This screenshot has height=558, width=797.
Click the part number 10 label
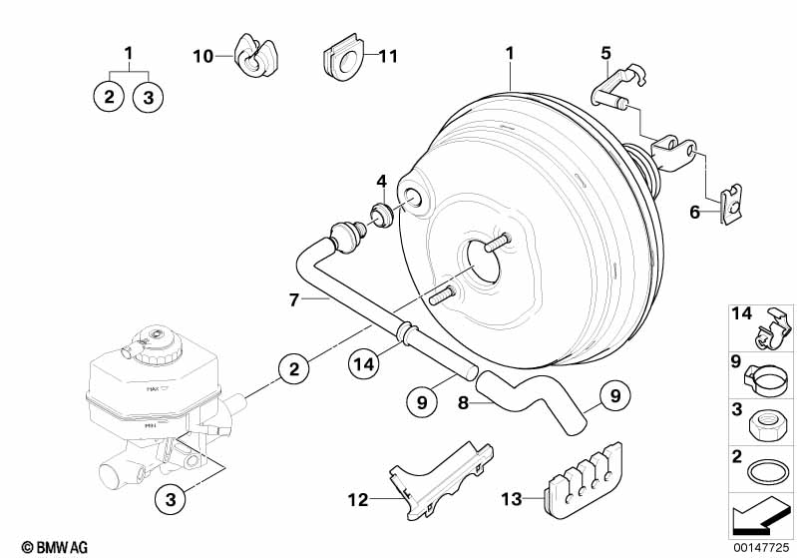click(203, 57)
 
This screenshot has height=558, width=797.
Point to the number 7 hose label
click(294, 298)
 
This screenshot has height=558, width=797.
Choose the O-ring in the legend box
click(763, 472)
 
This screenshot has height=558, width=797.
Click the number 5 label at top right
click(605, 52)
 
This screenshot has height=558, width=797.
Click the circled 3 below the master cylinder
click(170, 497)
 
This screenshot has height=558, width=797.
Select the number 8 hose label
click(463, 403)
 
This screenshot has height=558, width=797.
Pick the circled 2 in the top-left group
click(108, 97)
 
